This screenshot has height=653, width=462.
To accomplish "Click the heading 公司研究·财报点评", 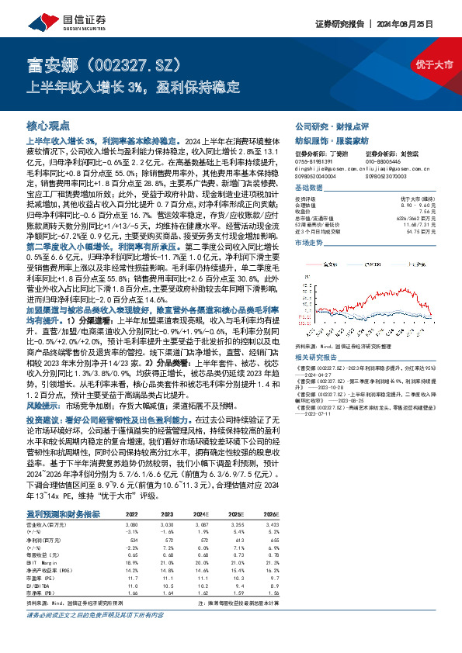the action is click(325, 125).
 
